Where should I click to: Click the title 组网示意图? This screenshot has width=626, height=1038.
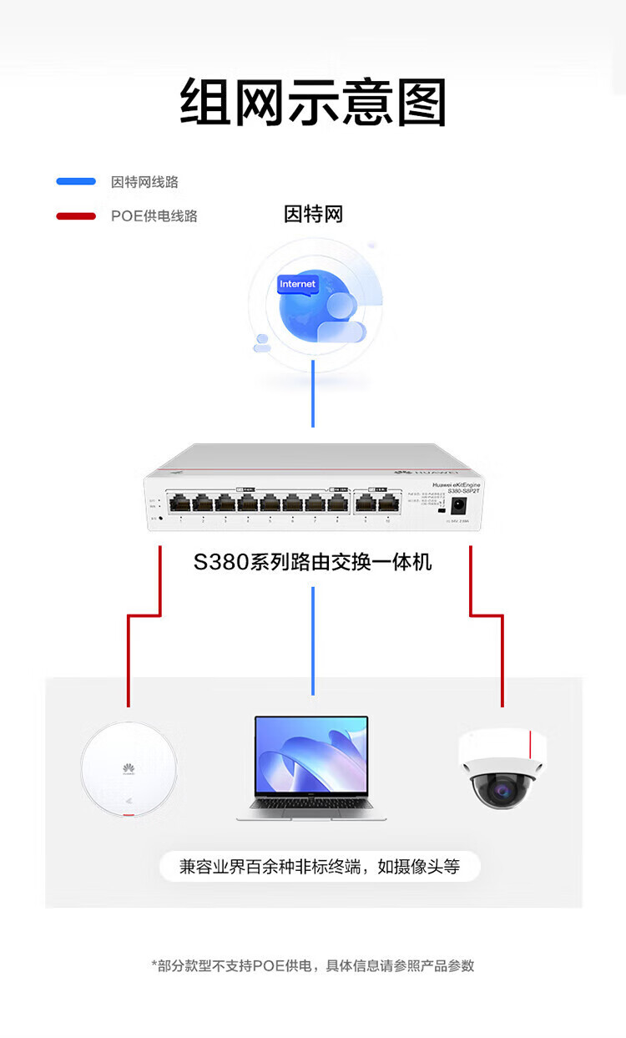(313, 103)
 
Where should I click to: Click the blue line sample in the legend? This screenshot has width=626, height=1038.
(76, 182)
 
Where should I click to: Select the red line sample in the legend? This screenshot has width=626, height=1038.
(76, 216)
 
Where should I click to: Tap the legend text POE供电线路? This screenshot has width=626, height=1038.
(154, 216)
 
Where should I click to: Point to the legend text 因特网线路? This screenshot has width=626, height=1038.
(144, 182)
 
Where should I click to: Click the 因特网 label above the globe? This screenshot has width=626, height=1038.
(313, 215)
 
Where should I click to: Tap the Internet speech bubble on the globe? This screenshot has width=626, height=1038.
(298, 285)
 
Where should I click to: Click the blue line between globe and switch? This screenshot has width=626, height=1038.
(313, 392)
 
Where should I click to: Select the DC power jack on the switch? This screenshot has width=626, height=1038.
(457, 505)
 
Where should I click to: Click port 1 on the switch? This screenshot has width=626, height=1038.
(180, 504)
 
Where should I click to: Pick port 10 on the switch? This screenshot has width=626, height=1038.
(387, 504)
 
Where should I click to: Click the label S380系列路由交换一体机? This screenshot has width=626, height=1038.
(313, 562)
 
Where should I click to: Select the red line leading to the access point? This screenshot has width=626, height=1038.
(129, 660)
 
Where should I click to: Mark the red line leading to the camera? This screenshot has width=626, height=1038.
(502, 660)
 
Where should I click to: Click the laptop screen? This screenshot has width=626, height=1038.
(311, 755)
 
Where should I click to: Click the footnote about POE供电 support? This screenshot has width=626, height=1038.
(313, 965)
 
